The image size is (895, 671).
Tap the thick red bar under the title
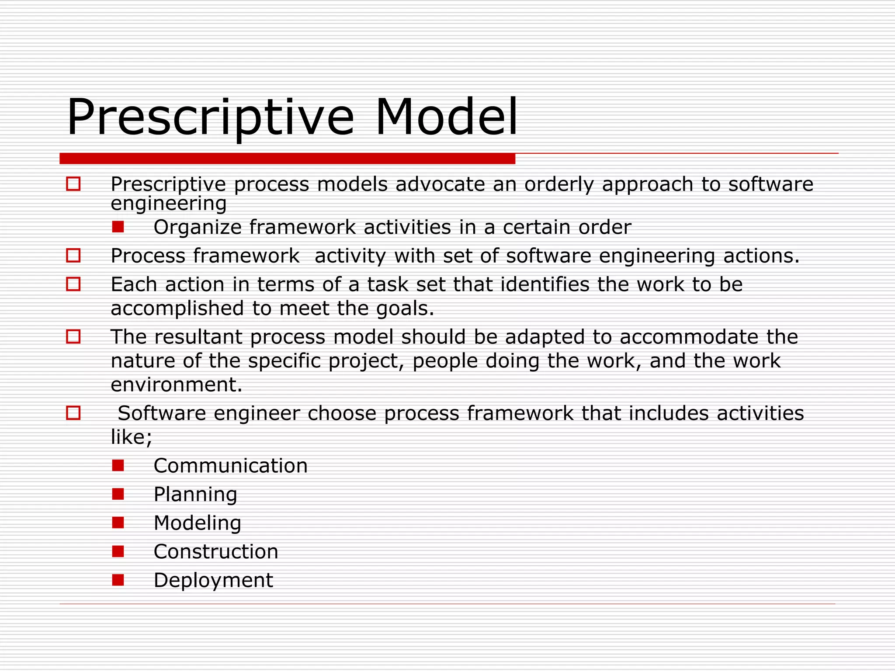click(287, 159)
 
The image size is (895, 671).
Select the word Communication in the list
click(230, 466)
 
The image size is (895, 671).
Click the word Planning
click(195, 495)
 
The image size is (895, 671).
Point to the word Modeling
click(197, 523)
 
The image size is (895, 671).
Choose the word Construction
click(216, 552)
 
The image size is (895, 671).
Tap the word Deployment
click(213, 581)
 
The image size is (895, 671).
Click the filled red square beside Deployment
click(118, 580)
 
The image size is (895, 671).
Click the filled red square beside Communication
click(118, 465)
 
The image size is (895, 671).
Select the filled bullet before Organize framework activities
click(118, 227)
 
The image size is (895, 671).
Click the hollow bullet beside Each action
click(73, 284)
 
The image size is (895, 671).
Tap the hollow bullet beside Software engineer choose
click(73, 413)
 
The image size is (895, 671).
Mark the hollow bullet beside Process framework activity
click(73, 256)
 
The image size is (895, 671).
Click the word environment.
click(176, 385)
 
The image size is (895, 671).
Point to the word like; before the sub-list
click(132, 437)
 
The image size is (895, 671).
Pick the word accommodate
click(689, 337)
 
